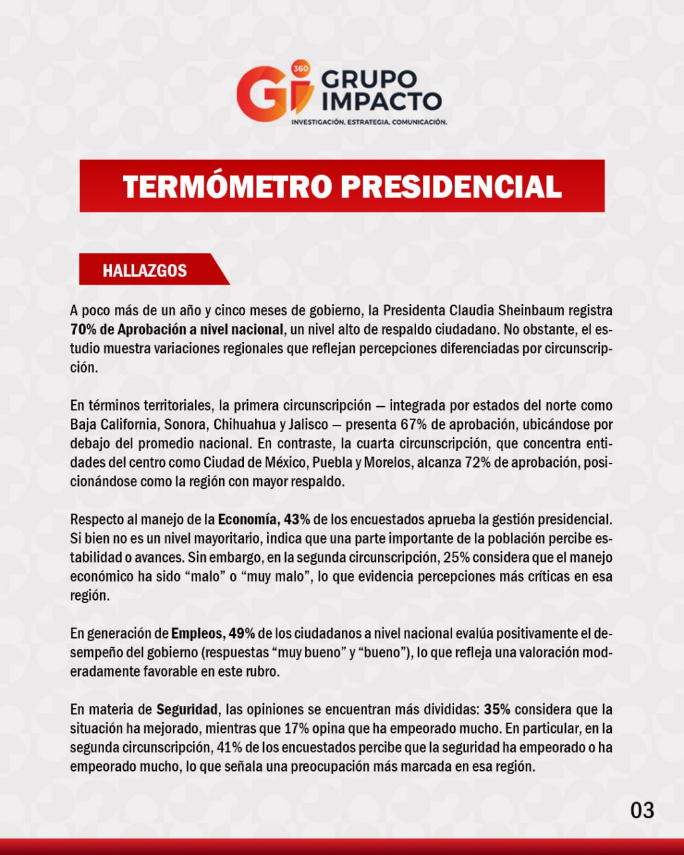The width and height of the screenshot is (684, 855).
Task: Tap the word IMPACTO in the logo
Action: [x=381, y=101]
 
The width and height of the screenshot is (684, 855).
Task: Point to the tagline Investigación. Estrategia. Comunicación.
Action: [x=369, y=122]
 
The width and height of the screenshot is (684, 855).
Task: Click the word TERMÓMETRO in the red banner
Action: [x=227, y=186]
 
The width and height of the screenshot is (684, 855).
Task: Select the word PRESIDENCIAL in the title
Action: [x=452, y=186]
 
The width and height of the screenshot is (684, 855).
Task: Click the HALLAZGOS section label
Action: [x=144, y=271]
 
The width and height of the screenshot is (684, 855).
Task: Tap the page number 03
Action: [x=642, y=810]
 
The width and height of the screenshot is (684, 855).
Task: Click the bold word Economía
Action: [x=248, y=520]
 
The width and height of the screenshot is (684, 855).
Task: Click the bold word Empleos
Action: [x=198, y=633]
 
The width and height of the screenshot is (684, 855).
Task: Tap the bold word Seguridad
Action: [x=188, y=709]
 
